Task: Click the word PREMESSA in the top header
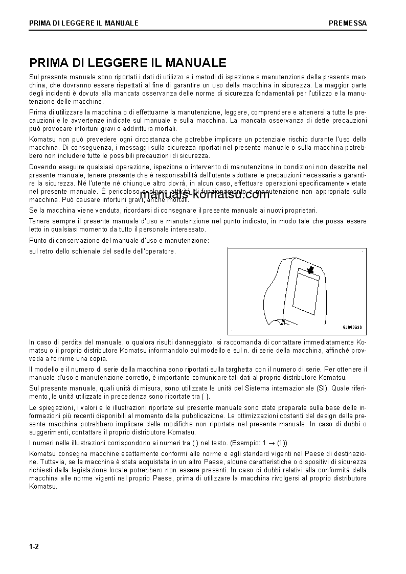[x=347, y=23]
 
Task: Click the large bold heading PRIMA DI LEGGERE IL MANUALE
[x=128, y=63]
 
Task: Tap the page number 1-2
[x=34, y=547]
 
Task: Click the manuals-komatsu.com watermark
[x=204, y=195]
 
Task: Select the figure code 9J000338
[x=352, y=328]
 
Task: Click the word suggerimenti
[x=50, y=432]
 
